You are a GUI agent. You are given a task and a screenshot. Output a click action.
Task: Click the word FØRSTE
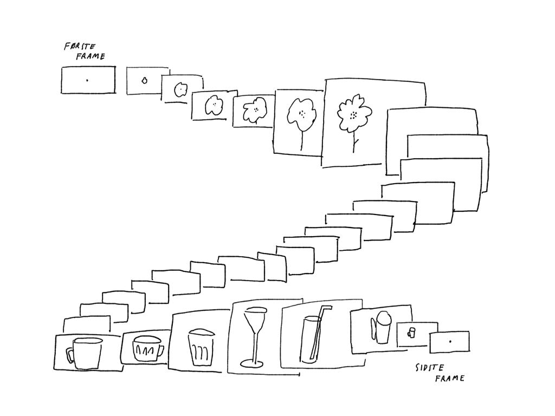click(80, 47)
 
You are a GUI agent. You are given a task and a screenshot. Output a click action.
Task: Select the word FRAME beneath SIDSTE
click(449, 378)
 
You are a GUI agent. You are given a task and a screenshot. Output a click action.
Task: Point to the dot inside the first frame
click(87, 80)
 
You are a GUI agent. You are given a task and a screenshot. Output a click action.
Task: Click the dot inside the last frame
click(450, 342)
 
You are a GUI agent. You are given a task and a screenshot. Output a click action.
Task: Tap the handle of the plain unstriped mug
click(70, 355)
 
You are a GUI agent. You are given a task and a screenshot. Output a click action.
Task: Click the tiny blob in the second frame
click(144, 81)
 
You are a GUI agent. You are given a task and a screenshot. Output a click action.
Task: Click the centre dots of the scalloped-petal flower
click(353, 115)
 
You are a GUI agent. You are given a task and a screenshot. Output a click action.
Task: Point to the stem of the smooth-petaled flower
click(301, 139)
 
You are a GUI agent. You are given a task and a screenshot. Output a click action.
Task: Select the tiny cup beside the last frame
click(411, 333)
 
